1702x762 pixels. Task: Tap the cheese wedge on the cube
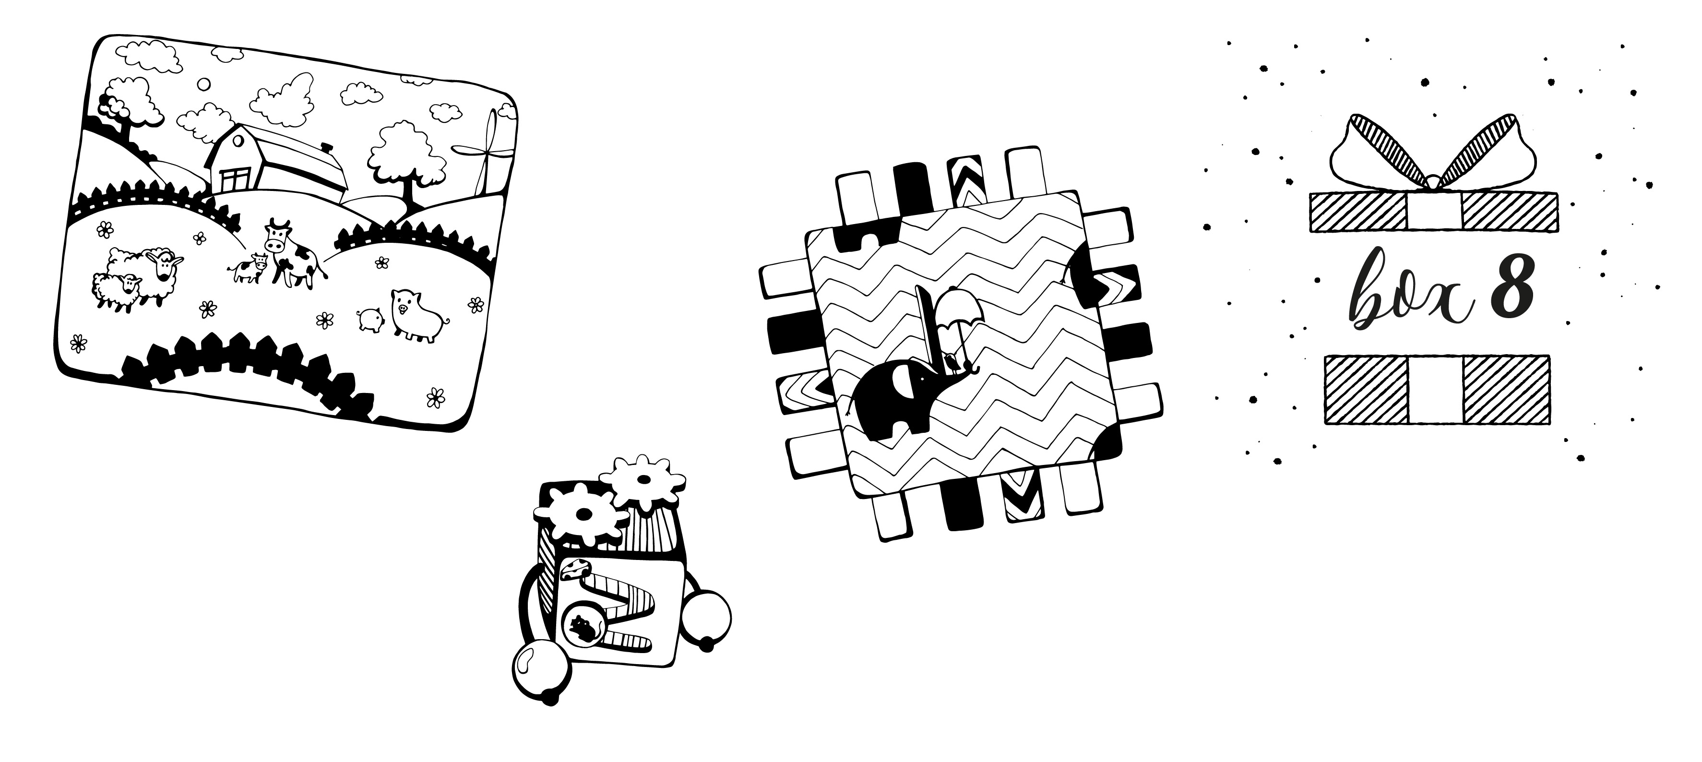tap(575, 568)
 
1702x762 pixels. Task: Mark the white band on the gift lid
tap(1434, 212)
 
